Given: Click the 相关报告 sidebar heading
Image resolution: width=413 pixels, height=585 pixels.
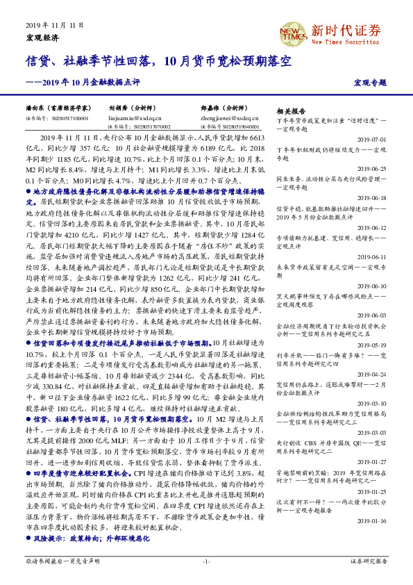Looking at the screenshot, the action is coord(291,111).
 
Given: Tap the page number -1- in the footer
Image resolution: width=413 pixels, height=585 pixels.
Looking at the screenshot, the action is coord(206,560).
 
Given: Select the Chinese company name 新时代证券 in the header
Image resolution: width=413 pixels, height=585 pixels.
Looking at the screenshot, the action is coord(346,30).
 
